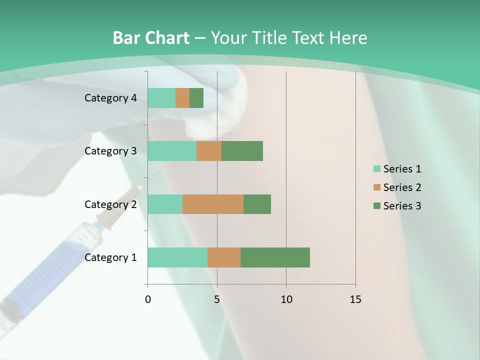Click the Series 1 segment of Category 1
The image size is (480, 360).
click(177, 257)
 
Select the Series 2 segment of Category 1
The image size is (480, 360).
click(224, 257)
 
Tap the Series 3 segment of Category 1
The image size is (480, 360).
click(275, 257)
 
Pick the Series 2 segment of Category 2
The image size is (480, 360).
click(213, 204)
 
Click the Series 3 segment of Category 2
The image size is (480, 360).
click(257, 204)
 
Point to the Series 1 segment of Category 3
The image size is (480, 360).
click(172, 151)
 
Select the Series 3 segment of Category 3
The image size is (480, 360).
click(242, 151)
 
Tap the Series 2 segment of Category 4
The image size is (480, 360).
click(182, 98)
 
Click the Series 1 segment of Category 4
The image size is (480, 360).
click(161, 98)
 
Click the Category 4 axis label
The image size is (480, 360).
click(110, 98)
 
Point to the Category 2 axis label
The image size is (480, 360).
click(110, 204)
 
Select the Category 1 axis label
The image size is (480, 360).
click(110, 257)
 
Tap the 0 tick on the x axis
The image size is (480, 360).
click(148, 299)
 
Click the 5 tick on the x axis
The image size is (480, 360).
click(217, 299)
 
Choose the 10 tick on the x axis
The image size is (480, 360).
click(286, 299)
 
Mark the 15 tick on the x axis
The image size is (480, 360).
click(355, 299)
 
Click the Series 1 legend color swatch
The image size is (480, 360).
click(376, 169)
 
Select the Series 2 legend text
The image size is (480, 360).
click(402, 187)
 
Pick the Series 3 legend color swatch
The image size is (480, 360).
click(376, 206)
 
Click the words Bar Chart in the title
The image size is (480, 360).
click(151, 38)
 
